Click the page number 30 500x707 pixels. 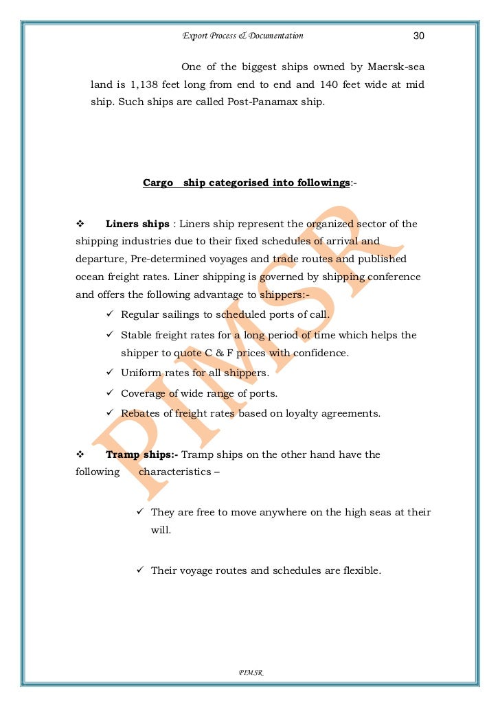click(419, 36)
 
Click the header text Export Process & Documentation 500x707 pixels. click(242, 36)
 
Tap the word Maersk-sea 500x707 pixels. click(395, 67)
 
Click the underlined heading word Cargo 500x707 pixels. click(157, 183)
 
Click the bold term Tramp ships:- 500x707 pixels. click(142, 454)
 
